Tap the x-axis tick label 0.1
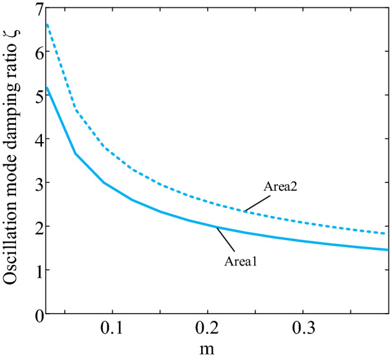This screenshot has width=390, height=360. [111, 329]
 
